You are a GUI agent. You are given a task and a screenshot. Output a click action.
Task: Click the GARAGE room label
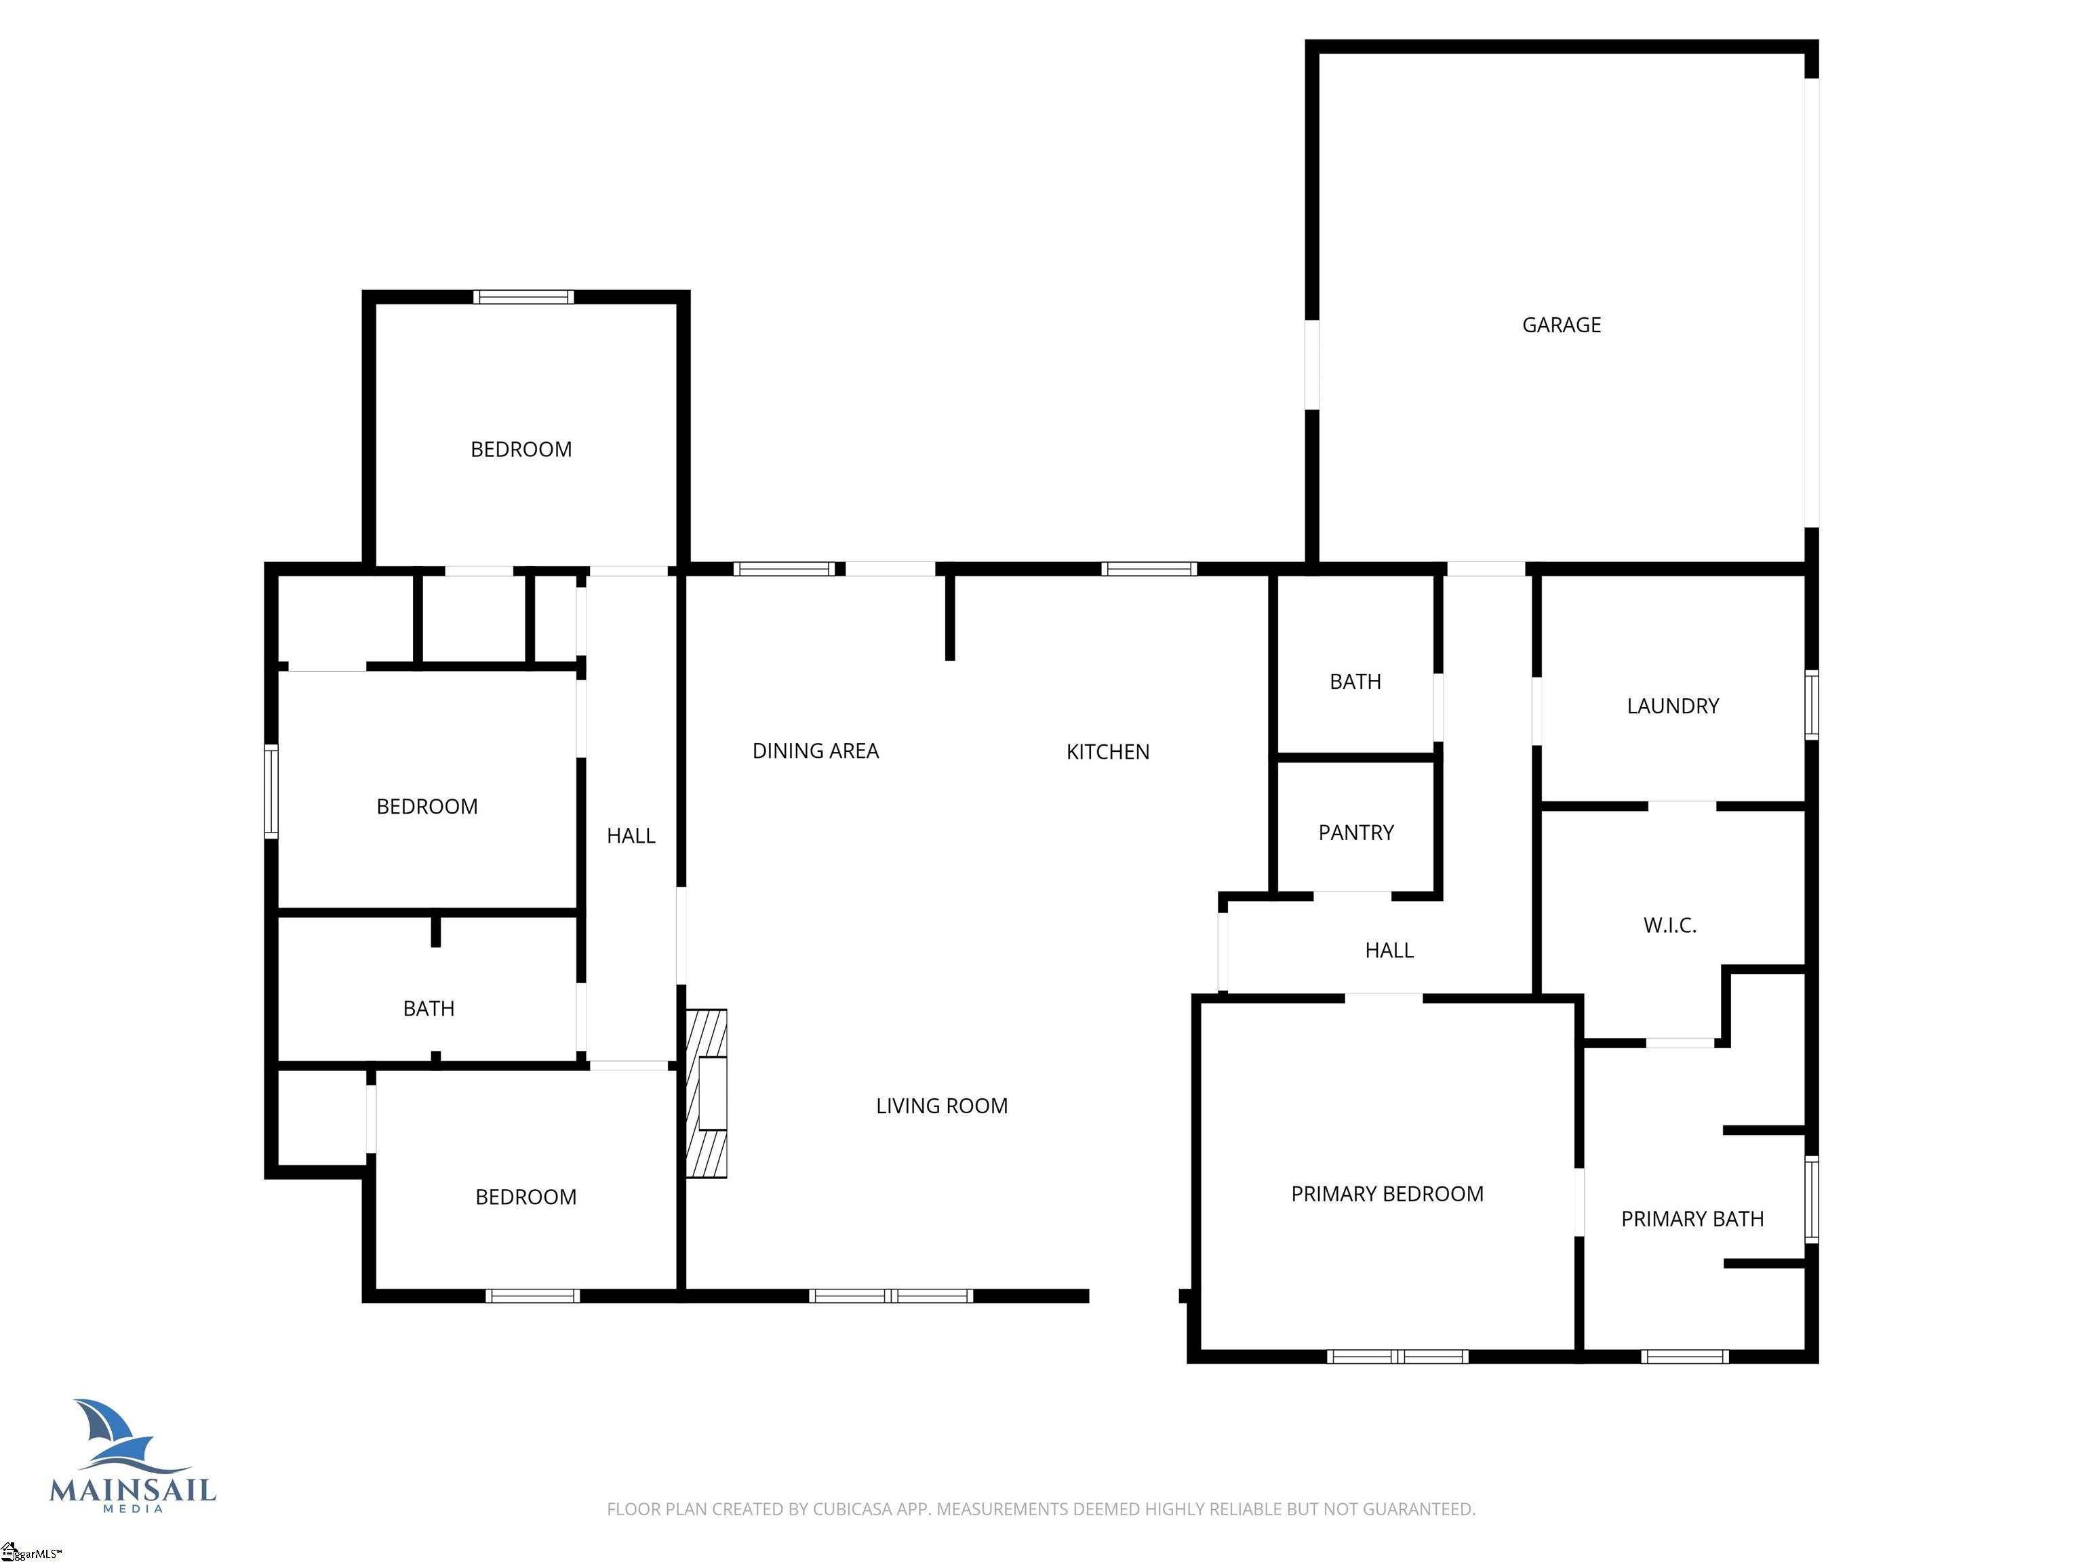point(1562,325)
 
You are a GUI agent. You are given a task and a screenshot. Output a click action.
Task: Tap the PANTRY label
point(1356,833)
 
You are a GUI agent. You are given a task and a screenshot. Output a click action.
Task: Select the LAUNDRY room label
point(1672,706)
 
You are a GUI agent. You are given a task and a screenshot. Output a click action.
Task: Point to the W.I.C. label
point(1669,925)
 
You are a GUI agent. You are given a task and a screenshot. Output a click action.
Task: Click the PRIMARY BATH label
point(1692,1219)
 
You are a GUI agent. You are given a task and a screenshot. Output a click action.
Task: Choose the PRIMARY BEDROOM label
point(1387,1194)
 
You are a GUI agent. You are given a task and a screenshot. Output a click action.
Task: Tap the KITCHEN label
point(1107,753)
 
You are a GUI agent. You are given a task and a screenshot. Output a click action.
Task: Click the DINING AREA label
point(816,751)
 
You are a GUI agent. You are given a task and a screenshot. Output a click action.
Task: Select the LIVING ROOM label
point(942,1106)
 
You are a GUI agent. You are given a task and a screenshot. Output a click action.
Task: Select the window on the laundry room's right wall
point(1811,704)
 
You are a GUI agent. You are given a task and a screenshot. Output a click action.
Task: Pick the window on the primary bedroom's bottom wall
point(1397,1357)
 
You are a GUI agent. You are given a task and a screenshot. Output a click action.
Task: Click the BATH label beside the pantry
point(1355,681)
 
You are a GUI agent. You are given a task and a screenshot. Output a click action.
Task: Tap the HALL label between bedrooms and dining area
point(631,836)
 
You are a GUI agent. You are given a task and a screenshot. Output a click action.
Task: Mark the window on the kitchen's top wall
point(1149,569)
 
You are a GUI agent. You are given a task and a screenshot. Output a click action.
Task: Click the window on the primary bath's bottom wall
point(1685,1357)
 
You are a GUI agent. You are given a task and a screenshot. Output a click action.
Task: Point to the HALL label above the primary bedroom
point(1389,951)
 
